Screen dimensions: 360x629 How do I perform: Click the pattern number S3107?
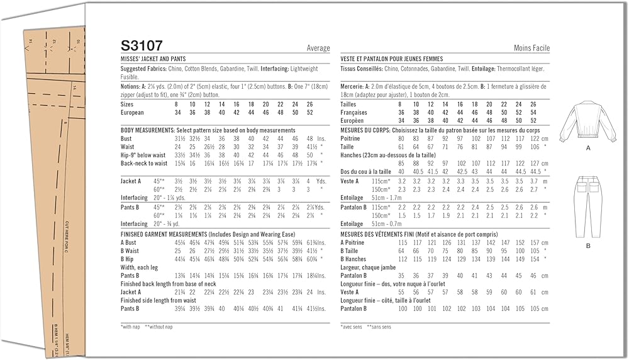(x=142, y=46)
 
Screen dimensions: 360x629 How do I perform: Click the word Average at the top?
(x=318, y=48)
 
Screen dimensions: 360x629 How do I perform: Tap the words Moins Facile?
(x=532, y=48)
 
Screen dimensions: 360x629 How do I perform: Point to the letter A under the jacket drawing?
(x=588, y=149)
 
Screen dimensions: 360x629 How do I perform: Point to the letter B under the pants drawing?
(x=588, y=246)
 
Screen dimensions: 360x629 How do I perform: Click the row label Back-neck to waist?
(x=144, y=164)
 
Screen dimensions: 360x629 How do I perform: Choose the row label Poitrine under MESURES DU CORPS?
(x=351, y=138)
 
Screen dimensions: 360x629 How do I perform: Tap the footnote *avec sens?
(x=352, y=327)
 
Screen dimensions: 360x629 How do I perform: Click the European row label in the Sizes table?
(x=132, y=113)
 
